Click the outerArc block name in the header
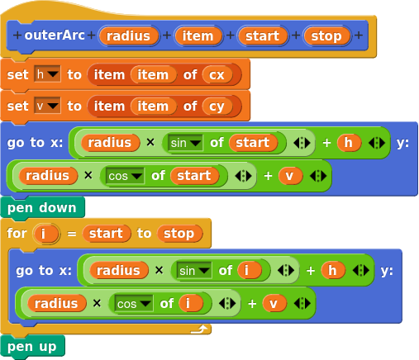(x=55, y=36)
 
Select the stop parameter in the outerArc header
(x=326, y=36)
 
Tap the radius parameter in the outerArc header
(x=128, y=36)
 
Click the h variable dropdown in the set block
(x=47, y=74)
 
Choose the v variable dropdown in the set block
(x=47, y=106)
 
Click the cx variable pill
(x=217, y=74)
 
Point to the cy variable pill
(x=217, y=107)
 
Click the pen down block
(x=42, y=208)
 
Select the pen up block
(x=32, y=347)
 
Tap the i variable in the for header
(x=45, y=234)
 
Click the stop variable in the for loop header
(x=179, y=234)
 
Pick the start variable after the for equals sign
(x=106, y=234)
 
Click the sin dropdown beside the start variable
(x=185, y=143)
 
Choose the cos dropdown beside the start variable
(x=125, y=176)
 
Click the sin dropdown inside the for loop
(x=194, y=271)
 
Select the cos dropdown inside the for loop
(x=134, y=304)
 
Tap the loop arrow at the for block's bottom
(x=199, y=329)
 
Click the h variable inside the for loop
(x=333, y=270)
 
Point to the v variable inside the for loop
(x=274, y=304)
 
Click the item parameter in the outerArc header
(x=198, y=36)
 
